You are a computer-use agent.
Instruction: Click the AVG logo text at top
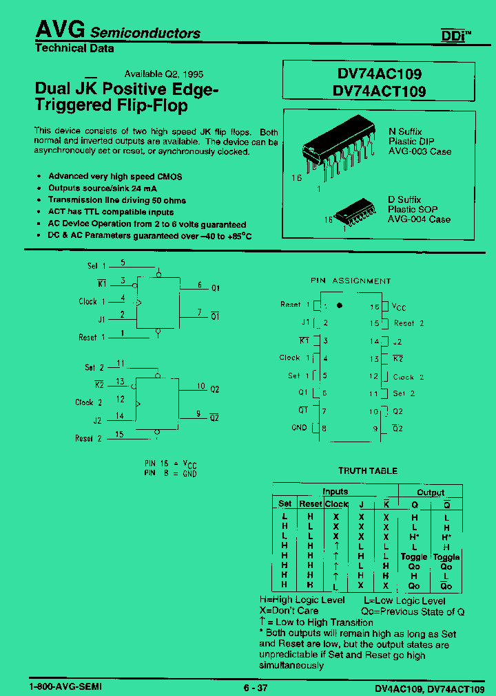(60, 29)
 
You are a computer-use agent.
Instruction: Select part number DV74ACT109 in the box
(378, 91)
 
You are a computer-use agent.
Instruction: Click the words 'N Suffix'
(405, 131)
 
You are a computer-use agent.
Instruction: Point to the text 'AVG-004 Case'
(419, 219)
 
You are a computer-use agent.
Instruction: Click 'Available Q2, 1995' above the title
(163, 74)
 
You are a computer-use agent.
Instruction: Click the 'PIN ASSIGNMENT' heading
(350, 281)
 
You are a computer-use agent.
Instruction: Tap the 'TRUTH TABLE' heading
(367, 471)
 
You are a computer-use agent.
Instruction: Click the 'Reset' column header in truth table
(310, 504)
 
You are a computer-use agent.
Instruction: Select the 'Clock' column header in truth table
(336, 504)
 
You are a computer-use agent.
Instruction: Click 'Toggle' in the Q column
(414, 557)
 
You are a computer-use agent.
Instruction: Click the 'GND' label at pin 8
(299, 427)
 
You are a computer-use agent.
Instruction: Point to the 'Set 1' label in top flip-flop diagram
(96, 265)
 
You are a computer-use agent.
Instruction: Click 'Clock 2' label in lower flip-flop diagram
(88, 402)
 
